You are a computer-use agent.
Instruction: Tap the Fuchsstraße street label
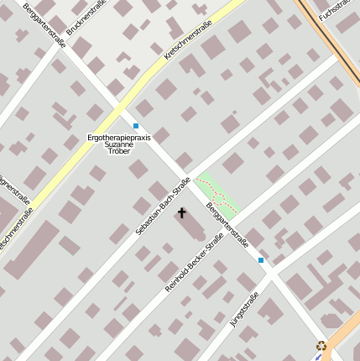click(340, 16)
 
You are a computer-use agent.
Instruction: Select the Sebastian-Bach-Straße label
click(163, 206)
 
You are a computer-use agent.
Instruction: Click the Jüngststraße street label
click(244, 309)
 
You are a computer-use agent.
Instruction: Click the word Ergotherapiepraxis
click(119, 137)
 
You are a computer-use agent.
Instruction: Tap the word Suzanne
click(119, 144)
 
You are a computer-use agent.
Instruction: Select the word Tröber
click(119, 152)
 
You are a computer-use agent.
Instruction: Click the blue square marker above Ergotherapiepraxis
click(136, 126)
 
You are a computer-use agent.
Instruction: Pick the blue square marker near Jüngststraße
click(261, 261)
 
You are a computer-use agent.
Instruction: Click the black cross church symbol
click(181, 214)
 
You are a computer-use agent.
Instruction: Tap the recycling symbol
click(321, 345)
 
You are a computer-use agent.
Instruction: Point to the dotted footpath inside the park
click(220, 198)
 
